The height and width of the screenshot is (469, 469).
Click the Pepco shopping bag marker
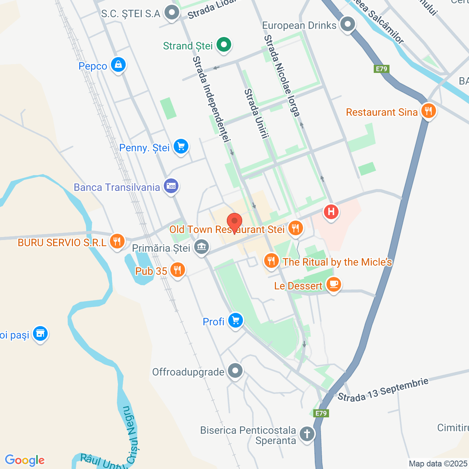(x=118, y=65)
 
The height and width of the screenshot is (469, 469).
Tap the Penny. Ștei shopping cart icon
(x=181, y=147)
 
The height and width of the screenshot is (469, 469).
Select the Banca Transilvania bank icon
(x=171, y=186)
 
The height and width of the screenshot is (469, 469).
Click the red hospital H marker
(x=331, y=212)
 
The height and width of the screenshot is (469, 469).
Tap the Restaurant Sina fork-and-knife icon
(x=428, y=111)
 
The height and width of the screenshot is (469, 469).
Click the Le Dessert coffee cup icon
(x=333, y=284)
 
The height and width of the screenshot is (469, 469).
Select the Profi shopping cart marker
(x=235, y=321)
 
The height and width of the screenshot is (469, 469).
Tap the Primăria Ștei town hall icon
(x=201, y=247)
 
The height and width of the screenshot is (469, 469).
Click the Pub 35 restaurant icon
(x=178, y=270)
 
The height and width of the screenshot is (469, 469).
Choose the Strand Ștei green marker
(x=224, y=45)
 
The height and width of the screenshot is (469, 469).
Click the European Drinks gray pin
(x=347, y=25)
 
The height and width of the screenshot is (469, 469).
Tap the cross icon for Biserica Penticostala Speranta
(x=307, y=434)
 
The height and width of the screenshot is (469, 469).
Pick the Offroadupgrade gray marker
(x=235, y=371)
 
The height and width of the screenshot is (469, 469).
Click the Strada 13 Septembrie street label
(x=383, y=389)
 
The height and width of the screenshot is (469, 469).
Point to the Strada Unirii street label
(x=256, y=114)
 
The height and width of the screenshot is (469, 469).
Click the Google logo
(x=25, y=460)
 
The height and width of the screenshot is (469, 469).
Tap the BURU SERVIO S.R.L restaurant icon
(x=117, y=241)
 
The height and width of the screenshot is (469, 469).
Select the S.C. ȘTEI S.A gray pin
(x=171, y=13)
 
